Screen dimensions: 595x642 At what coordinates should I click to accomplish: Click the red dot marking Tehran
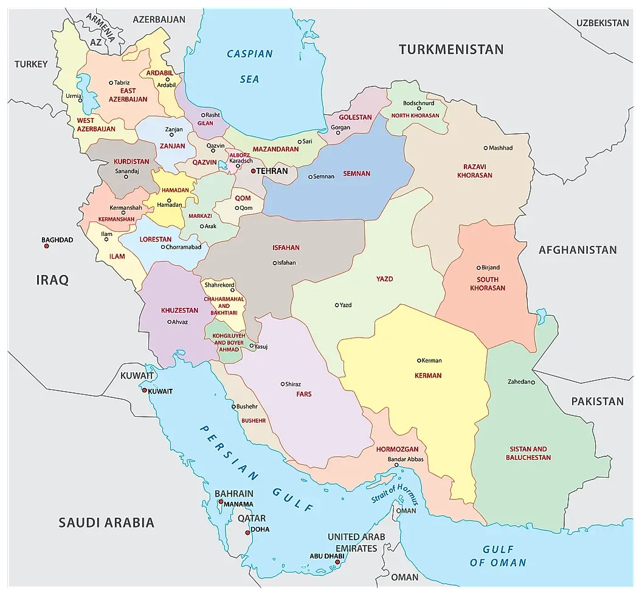pyautogui.click(x=253, y=171)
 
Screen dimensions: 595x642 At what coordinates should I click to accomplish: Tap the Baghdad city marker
pyautogui.click(x=45, y=247)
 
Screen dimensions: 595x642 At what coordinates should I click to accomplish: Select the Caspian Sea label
pyautogui.click(x=249, y=66)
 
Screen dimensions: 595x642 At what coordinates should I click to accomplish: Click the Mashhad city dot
pyautogui.click(x=485, y=148)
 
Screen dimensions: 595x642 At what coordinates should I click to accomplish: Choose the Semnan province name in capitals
pyautogui.click(x=356, y=173)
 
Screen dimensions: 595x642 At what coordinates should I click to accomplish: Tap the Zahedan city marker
pyautogui.click(x=533, y=382)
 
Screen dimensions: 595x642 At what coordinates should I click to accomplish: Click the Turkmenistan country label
pyautogui.click(x=451, y=49)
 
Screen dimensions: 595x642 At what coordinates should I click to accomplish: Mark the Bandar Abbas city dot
pyautogui.click(x=396, y=465)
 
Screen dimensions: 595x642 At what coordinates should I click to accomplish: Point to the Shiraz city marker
pyautogui.click(x=282, y=384)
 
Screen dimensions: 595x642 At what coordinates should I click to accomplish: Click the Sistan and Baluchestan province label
pyautogui.click(x=528, y=453)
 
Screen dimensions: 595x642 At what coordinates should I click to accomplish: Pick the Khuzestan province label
pyautogui.click(x=179, y=310)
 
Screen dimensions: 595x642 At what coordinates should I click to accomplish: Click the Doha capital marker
pyautogui.click(x=246, y=533)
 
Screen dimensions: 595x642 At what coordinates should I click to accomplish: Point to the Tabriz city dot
pyautogui.click(x=111, y=83)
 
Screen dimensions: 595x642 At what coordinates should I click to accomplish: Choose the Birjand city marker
pyautogui.click(x=478, y=268)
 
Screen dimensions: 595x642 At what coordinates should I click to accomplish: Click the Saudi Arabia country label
pyautogui.click(x=106, y=522)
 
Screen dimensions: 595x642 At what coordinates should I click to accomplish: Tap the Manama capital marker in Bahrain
pyautogui.click(x=220, y=502)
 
